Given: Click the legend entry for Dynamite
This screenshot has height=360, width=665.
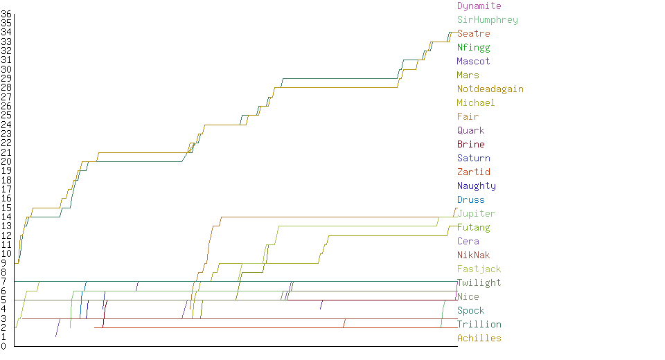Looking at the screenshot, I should pos(479,6).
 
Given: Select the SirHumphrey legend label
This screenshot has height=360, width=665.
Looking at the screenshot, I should pos(487,20).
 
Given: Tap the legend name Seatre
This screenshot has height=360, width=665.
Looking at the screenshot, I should pos(473,34).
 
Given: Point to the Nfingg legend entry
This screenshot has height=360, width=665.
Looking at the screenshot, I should pos(473,48).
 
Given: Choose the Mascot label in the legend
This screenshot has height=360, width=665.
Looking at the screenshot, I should pos(473,62).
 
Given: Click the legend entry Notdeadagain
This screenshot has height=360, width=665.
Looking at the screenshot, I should pos(490,89).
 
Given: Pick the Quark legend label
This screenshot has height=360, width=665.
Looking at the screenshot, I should pos(470,131).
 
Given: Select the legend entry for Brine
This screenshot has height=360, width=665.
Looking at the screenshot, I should pos(470,145).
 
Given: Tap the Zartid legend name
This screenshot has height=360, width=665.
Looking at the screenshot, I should pos(473,172).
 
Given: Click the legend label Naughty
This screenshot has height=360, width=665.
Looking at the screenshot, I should pos(476,186).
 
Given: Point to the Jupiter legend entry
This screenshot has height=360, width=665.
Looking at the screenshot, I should pos(476,214).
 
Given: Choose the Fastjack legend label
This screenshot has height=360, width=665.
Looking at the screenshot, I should pos(479,269).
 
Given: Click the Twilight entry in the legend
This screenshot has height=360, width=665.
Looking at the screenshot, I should pos(479,283).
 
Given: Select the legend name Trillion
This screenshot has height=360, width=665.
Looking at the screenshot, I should pos(479,325).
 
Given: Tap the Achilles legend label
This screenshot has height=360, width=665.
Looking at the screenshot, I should pos(479,339).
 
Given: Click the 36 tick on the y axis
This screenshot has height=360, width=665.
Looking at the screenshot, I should pos(6,14).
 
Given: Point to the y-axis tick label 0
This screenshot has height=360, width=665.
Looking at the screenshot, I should pos(3,346).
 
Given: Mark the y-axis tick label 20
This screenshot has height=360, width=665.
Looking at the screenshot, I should pos(6,161).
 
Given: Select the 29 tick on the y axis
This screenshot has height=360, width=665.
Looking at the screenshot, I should pos(6,78).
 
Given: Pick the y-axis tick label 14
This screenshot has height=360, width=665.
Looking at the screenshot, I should pos(6,217).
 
